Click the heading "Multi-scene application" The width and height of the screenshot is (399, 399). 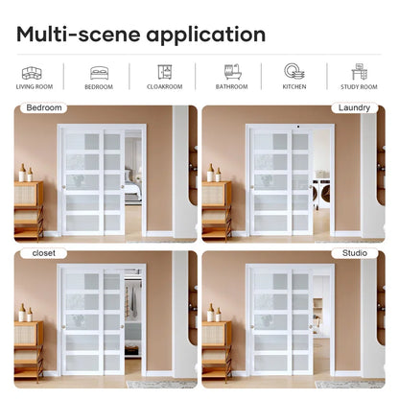click(x=141, y=35)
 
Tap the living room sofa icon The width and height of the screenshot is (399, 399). click(x=32, y=72)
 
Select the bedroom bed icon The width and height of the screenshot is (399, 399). click(x=99, y=72)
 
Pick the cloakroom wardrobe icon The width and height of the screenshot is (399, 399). click(x=165, y=72)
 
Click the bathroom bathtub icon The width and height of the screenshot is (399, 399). click(x=231, y=72)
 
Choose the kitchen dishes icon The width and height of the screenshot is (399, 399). click(x=294, y=72)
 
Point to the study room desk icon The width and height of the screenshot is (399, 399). click(x=360, y=72)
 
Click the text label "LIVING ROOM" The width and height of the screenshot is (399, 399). click(x=34, y=87)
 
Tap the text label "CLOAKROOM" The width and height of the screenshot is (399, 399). click(x=165, y=87)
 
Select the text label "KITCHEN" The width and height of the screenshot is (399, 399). click(x=294, y=87)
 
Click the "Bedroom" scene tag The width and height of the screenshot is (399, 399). click(x=42, y=108)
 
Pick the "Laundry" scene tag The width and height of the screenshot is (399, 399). click(x=353, y=108)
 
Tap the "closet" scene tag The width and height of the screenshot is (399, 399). click(x=43, y=254)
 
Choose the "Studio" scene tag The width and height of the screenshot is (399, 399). click(x=354, y=254)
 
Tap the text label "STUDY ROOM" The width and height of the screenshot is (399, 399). click(x=361, y=87)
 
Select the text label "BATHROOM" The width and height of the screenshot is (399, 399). click(x=231, y=87)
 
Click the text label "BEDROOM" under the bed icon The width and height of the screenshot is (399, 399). click(x=99, y=87)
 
